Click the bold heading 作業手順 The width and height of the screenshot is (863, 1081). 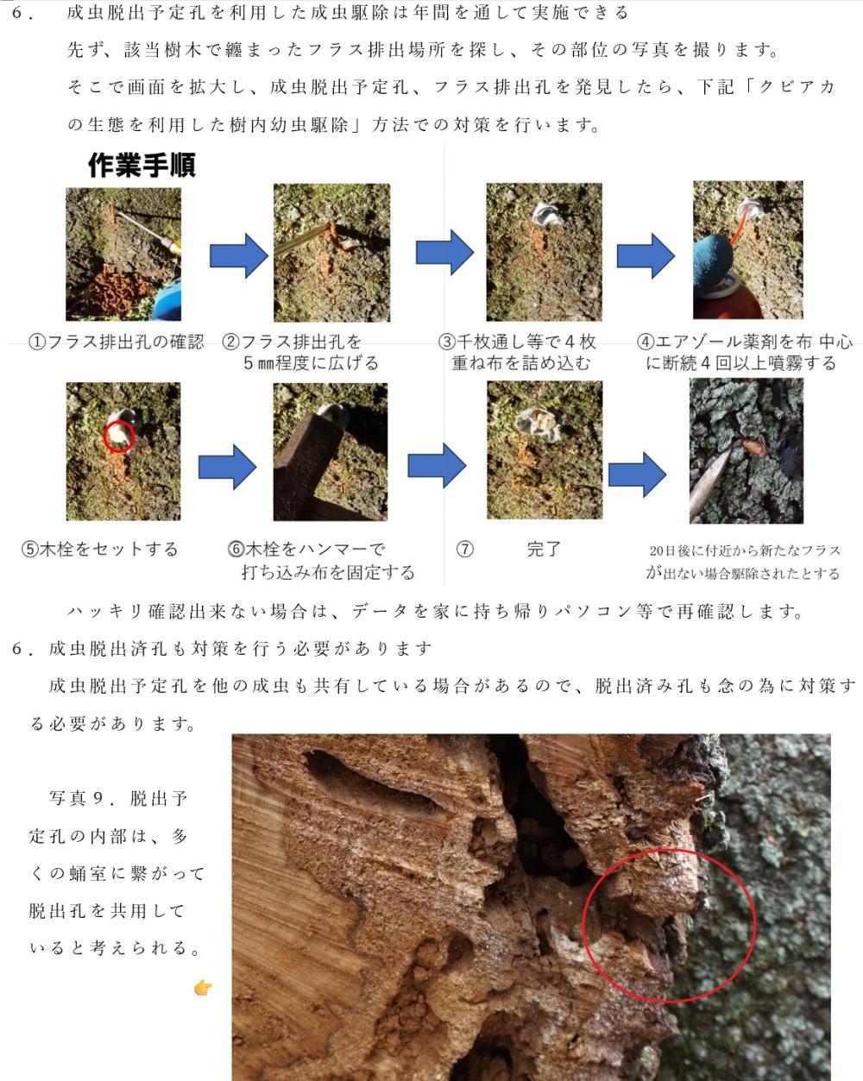click(142, 165)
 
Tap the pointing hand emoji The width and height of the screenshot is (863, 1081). click(203, 988)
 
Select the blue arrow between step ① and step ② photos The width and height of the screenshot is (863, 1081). click(238, 255)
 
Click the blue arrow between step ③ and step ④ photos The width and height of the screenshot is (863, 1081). click(646, 255)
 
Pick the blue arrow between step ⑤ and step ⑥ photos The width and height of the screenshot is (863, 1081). click(227, 467)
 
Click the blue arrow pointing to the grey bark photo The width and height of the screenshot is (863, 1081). click(637, 475)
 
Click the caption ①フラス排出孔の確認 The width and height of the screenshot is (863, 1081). click(117, 343)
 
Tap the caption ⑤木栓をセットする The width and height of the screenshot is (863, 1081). click(100, 549)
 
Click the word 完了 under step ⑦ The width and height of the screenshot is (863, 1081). click(544, 549)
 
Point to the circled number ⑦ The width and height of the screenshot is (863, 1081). click(464, 549)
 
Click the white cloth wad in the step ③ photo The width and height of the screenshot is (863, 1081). click(547, 215)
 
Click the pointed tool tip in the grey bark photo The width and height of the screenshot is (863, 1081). click(730, 448)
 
